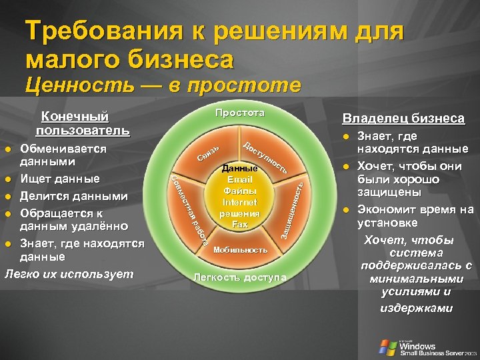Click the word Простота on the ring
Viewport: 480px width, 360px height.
click(x=240, y=113)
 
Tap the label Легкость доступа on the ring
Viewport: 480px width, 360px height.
click(x=240, y=277)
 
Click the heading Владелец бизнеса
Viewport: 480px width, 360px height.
click(x=403, y=119)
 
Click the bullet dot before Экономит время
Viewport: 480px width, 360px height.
click(x=347, y=210)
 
